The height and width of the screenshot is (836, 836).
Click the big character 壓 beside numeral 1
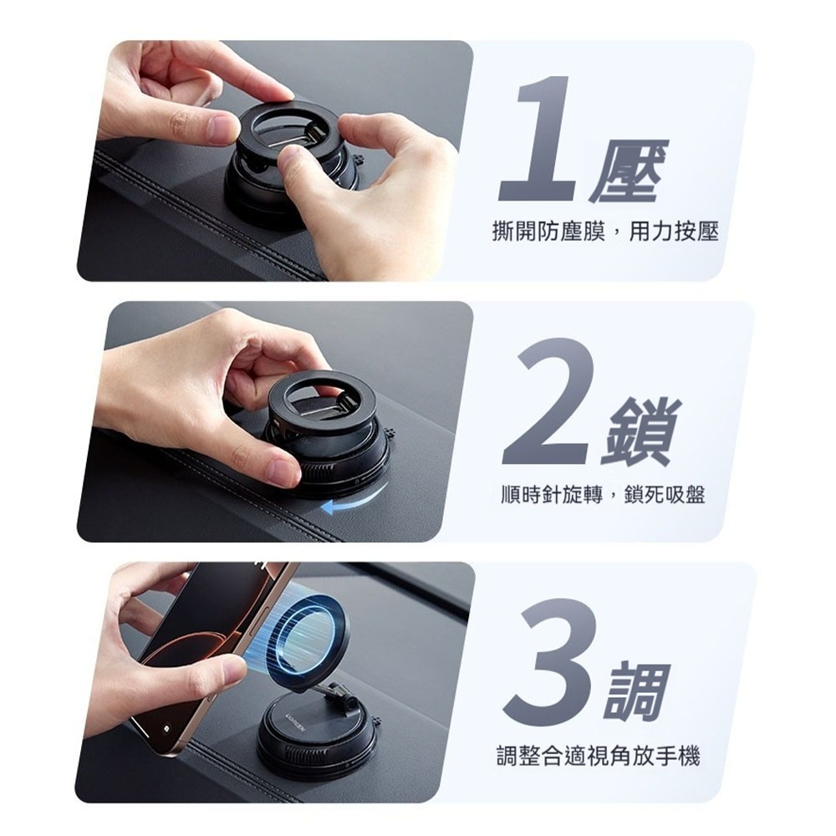630,171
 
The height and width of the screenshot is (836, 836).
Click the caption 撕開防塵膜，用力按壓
605,232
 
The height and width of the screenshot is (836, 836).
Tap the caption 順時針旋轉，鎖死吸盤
603,494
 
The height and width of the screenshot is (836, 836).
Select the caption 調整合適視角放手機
598,756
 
